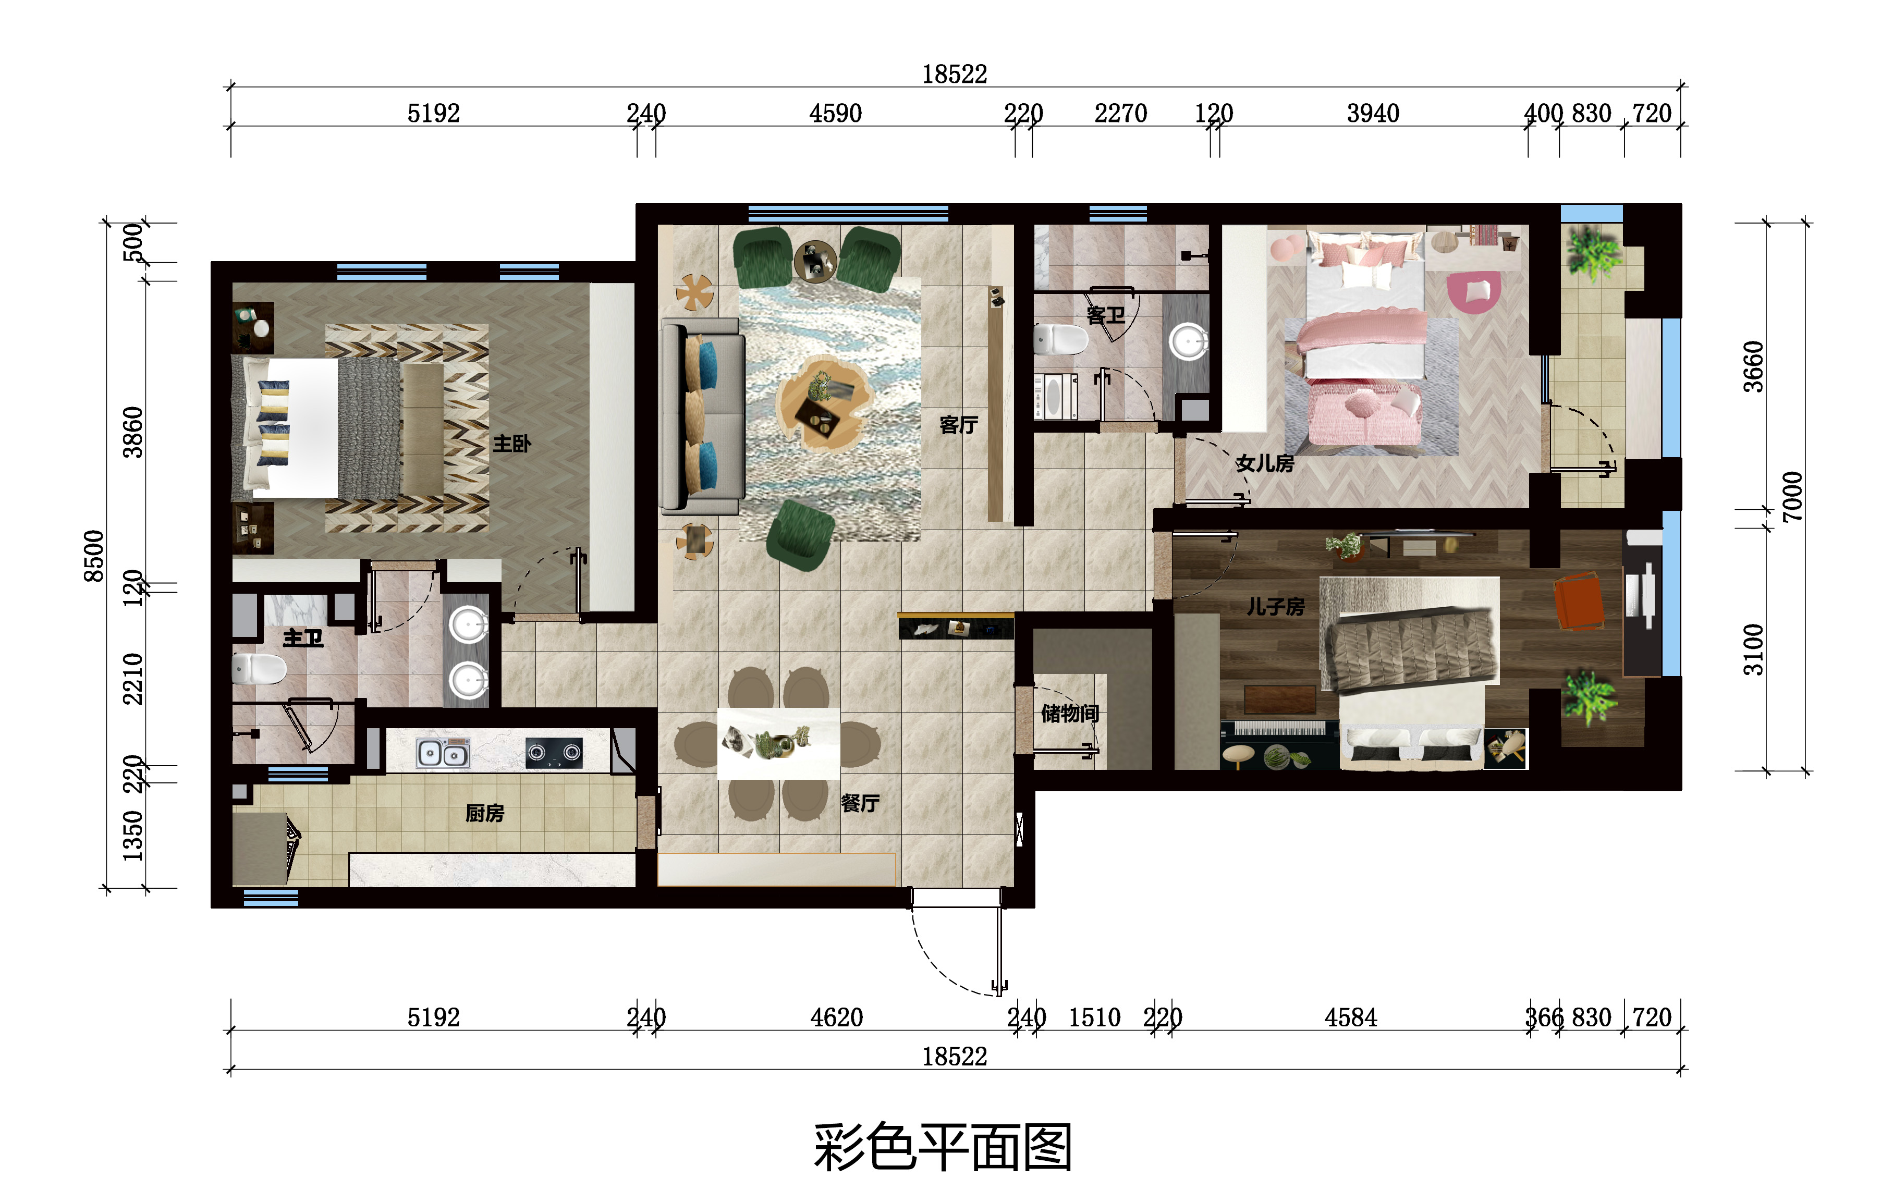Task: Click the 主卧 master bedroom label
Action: (512, 444)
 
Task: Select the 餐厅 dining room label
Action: (860, 803)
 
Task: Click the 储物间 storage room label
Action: (1070, 713)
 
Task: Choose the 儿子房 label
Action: (1275, 606)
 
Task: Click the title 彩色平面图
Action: (943, 1148)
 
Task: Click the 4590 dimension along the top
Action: (836, 113)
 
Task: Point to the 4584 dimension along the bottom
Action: (1351, 1018)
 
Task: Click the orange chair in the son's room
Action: (1579, 602)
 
